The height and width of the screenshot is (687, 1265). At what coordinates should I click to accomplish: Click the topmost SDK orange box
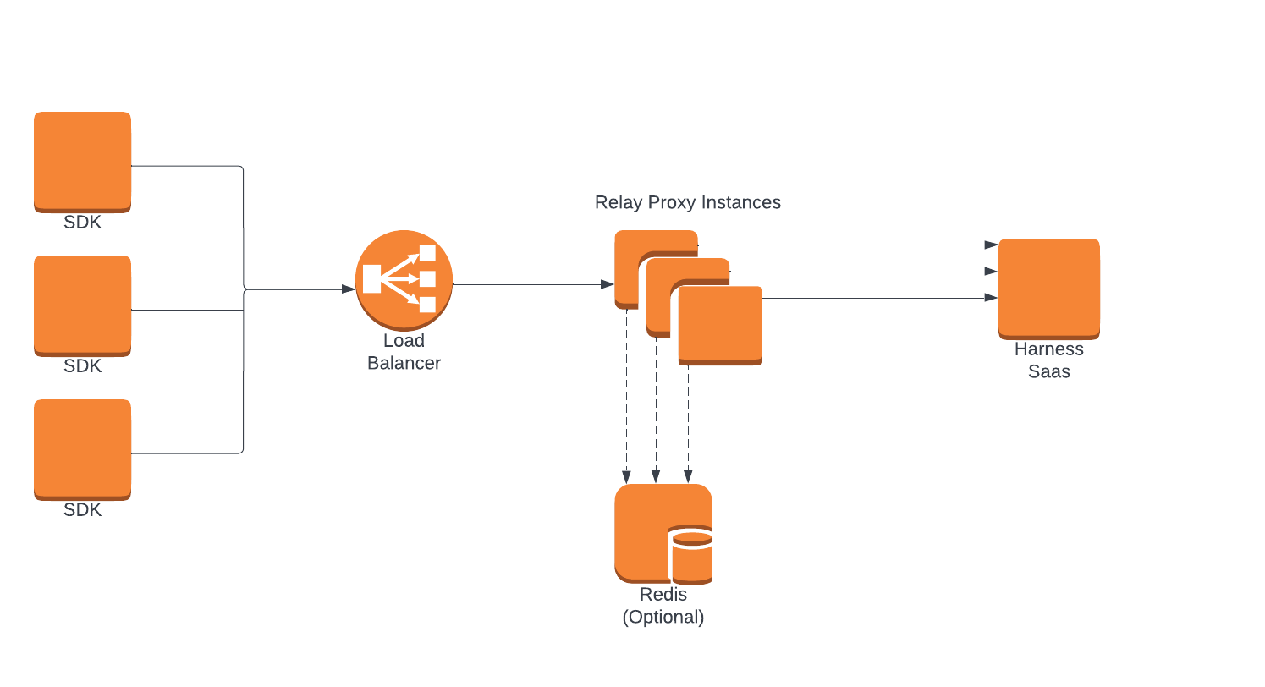(82, 161)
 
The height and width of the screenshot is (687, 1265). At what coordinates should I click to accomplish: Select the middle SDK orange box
(82, 305)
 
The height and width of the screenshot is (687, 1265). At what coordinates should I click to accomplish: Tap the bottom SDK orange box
(82, 448)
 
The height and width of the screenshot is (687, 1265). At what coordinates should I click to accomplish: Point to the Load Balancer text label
(404, 352)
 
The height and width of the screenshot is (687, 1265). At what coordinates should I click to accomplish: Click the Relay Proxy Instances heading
(687, 202)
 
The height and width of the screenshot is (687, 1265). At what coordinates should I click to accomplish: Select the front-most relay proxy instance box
(720, 326)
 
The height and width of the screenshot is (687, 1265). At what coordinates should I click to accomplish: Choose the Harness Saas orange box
(1048, 289)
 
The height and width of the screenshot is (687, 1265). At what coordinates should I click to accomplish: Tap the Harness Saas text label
(1048, 360)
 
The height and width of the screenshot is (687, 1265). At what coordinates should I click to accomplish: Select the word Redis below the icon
(663, 595)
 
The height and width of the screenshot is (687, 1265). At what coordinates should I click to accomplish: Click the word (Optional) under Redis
(663, 617)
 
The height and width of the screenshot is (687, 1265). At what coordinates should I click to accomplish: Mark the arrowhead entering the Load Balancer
(349, 289)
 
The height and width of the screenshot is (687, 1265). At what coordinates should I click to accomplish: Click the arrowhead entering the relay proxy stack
(608, 284)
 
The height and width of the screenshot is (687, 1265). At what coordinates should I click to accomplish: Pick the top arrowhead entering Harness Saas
(992, 245)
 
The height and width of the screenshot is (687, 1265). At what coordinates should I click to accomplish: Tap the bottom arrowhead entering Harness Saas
(992, 298)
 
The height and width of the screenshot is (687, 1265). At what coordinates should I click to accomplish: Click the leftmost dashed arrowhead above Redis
(626, 478)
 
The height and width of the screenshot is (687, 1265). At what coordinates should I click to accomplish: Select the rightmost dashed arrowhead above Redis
(688, 478)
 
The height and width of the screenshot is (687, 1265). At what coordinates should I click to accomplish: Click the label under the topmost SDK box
(82, 223)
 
